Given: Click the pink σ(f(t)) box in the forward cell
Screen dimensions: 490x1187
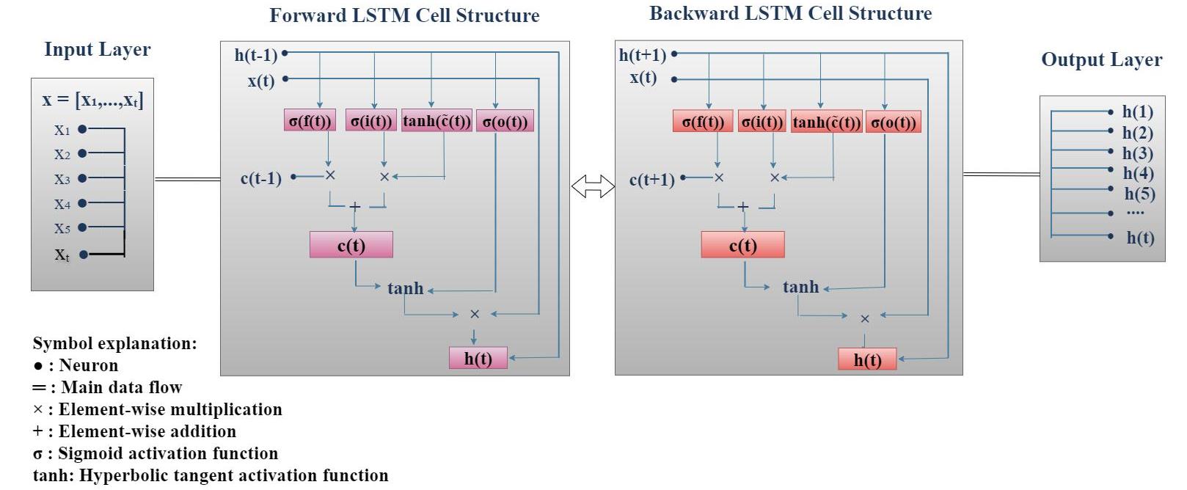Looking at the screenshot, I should click(x=310, y=121).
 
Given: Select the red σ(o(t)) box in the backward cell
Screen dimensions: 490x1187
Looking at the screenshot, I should click(x=893, y=122).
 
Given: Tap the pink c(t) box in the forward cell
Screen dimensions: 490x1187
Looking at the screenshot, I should click(x=351, y=245).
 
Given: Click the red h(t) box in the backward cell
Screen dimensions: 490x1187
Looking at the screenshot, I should click(x=867, y=359).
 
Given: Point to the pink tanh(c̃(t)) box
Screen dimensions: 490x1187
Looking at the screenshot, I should click(x=437, y=121).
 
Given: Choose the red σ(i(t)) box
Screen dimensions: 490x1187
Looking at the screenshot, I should click(x=762, y=122).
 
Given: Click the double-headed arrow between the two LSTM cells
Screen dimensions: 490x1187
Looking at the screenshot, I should click(x=593, y=186).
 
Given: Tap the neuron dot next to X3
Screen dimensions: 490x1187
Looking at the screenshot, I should click(x=82, y=178).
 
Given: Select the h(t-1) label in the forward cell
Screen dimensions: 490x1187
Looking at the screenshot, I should click(x=256, y=55).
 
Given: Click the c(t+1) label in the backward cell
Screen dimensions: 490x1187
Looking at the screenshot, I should click(x=651, y=180).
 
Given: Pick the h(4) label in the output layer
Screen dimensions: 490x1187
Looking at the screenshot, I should click(x=1138, y=173).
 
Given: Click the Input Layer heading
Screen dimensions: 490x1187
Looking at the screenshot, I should click(x=97, y=49).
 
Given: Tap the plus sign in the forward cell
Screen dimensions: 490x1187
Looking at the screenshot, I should click(x=355, y=207).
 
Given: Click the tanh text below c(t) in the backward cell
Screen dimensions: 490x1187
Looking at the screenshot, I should click(x=800, y=287).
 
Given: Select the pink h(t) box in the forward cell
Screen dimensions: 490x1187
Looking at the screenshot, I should click(x=478, y=358).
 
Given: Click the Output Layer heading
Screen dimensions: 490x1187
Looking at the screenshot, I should click(x=1101, y=59).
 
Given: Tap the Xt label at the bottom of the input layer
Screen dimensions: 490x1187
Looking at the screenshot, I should click(x=62, y=255).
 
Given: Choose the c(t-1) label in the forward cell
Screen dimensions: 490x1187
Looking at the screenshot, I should click(x=260, y=178).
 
